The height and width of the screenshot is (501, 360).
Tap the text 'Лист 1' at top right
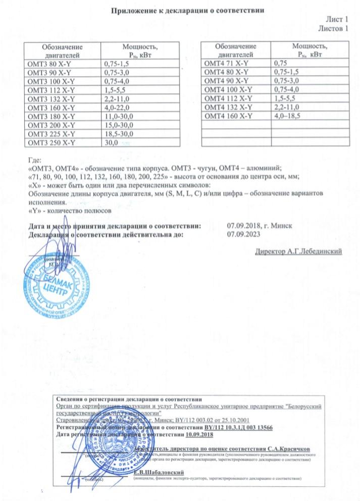tap(337, 19)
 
